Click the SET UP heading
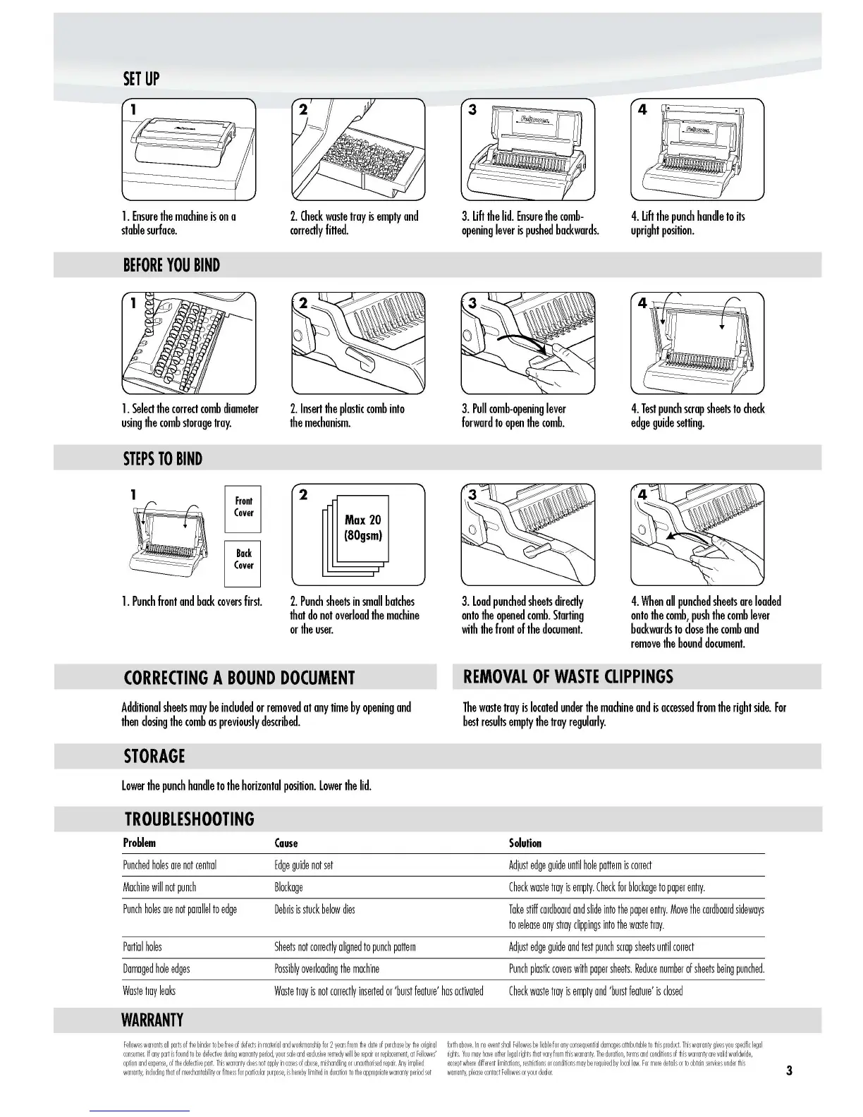pos(141,78)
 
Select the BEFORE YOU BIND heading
pos(171,265)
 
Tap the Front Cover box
pos(243,508)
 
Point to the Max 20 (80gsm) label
pos(362,527)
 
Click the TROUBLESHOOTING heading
pos(189,819)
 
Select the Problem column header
pos(139,843)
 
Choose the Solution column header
pos(525,843)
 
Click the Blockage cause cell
pos(288,887)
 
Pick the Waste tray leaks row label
pos(149,991)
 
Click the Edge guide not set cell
pos(303,865)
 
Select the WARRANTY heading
pos(152,1020)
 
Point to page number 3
pos(789,1070)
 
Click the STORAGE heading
pos(154,756)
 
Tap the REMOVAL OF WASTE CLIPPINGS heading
pos(568,677)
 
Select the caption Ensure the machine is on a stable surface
pos(178,223)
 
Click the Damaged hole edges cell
pos(156,969)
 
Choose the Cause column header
pos(286,843)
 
